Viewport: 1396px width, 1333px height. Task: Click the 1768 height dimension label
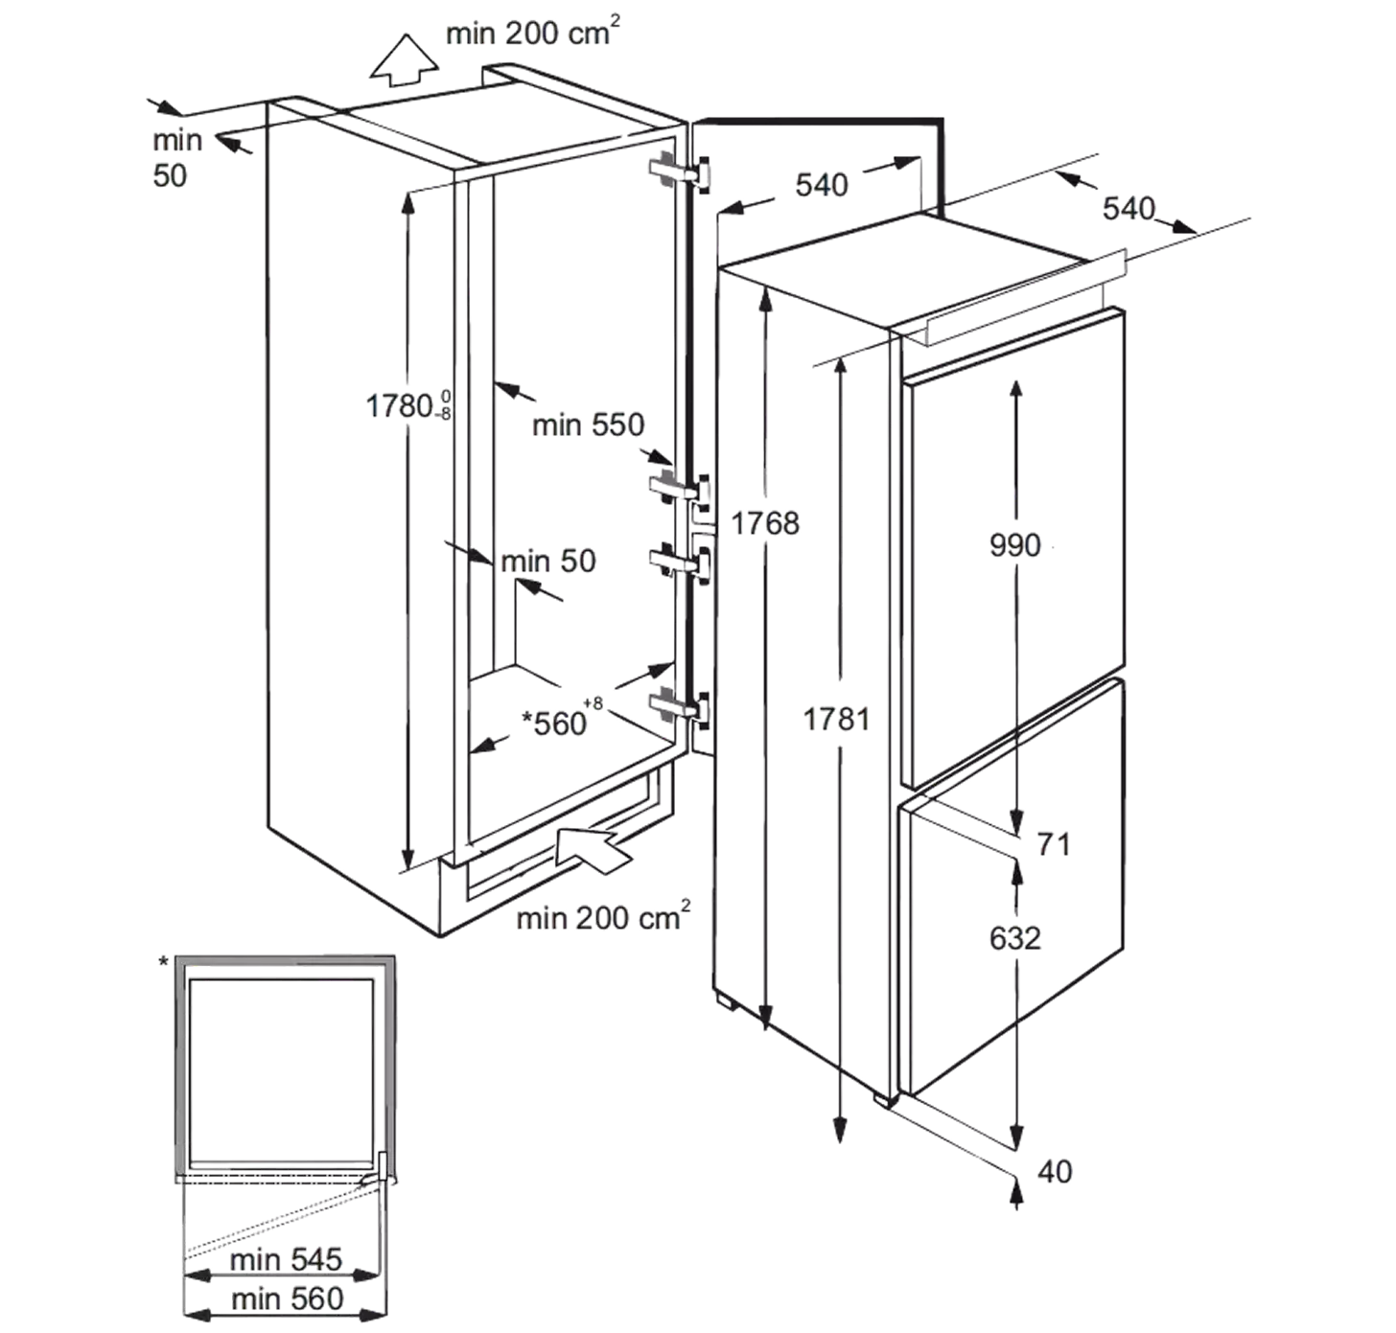765,524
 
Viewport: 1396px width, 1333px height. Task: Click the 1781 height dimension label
836,719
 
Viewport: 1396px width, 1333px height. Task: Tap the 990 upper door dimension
1015,545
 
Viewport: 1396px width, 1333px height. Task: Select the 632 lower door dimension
1015,938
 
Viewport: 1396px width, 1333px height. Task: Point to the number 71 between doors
1054,844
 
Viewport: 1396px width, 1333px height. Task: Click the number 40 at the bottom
1055,1172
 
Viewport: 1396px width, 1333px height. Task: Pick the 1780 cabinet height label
408,406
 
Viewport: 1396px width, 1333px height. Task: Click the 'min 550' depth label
589,425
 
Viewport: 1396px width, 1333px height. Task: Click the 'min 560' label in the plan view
288,1299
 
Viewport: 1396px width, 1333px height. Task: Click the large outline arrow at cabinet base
593,850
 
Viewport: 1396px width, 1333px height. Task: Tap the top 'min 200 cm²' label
533,32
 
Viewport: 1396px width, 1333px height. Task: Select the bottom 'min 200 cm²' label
603,916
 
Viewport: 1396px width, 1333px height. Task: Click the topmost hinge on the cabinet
680,172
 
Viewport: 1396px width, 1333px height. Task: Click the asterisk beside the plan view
164,962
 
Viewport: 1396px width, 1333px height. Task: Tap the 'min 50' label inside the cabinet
548,562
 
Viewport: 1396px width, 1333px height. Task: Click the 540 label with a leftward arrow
822,185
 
